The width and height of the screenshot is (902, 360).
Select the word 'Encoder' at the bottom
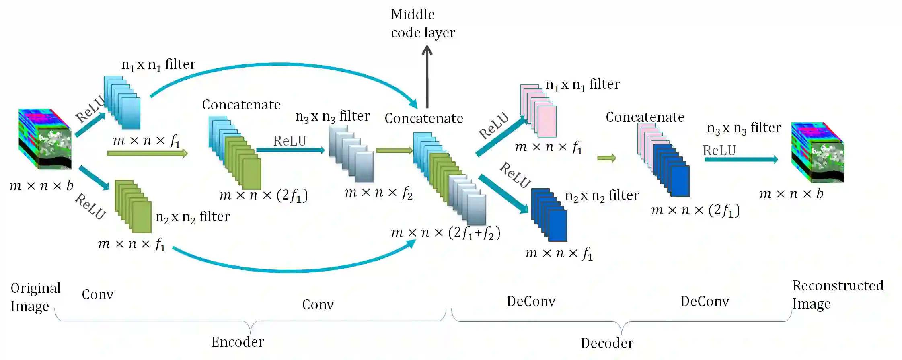point(237,342)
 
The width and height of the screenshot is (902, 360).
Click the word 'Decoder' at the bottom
point(607,343)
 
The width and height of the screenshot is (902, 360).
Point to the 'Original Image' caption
point(35,297)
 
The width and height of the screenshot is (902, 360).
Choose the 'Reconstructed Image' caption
point(838,294)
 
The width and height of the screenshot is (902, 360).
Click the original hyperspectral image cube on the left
point(45,139)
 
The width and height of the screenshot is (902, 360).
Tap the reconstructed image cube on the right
point(818,152)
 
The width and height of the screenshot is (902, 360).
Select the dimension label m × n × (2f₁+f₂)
point(446,232)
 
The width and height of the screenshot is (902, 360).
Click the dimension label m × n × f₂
point(378,193)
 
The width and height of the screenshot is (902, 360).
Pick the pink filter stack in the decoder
point(538,111)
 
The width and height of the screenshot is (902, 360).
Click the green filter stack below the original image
point(133,206)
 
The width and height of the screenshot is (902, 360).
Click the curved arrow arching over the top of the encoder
point(284,65)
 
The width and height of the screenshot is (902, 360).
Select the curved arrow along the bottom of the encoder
point(294,269)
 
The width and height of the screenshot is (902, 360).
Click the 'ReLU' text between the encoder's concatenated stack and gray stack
point(290,141)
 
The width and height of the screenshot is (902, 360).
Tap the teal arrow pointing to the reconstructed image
point(741,159)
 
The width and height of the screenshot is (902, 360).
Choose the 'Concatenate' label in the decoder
point(645,117)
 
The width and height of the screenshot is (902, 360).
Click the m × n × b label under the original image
point(41,185)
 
